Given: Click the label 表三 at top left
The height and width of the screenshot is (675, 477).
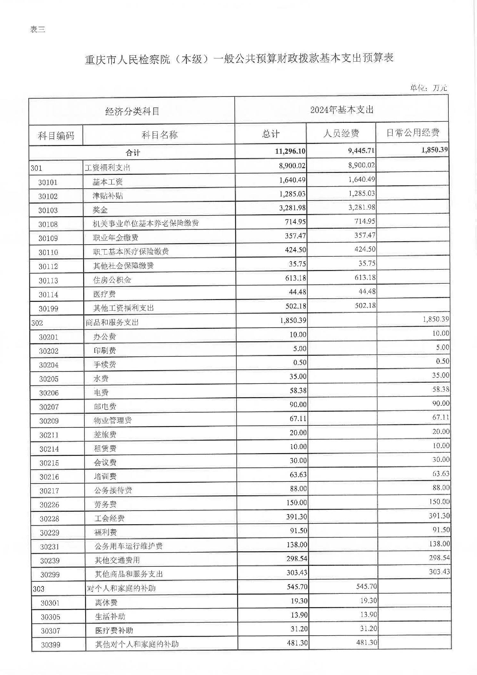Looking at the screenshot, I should pos(38,30).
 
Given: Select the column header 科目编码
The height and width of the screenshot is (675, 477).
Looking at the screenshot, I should pos(56,135).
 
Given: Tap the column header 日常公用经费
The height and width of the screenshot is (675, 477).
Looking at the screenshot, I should pos(412,133).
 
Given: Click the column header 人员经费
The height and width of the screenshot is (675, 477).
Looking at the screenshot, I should pos(341,133).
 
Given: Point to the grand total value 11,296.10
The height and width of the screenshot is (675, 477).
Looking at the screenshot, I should pos(290,151).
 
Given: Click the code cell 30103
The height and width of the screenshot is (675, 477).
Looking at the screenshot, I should pos(48,210).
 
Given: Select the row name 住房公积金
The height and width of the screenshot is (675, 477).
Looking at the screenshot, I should pos(112,280).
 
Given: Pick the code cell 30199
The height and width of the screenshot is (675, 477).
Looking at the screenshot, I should pos(48,309).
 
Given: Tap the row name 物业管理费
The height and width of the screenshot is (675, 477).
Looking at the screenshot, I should pos(113,420).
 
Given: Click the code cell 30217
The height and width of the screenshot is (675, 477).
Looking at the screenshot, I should pos(49,491).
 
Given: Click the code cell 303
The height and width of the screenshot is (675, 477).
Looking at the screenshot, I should pos(38,589).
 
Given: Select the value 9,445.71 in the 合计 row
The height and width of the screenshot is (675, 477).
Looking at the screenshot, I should pos(361,150).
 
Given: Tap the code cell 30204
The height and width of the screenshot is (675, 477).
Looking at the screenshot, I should pos(49,365).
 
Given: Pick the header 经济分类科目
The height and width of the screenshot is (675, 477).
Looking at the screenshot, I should pos(132,111).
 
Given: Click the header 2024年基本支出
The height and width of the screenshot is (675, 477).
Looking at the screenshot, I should pos(342,110).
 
